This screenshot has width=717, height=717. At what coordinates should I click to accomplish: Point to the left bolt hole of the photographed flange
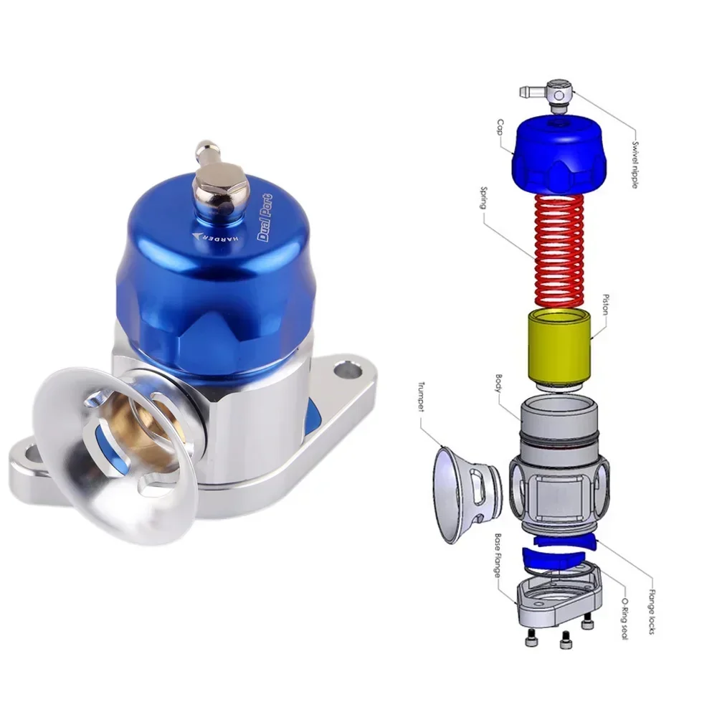tap(27, 453)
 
